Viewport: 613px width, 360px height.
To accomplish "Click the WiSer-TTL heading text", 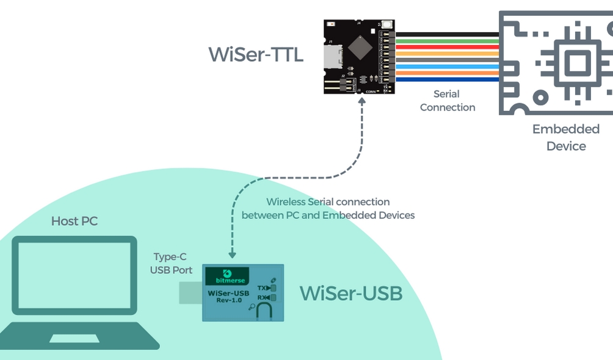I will point(256,54).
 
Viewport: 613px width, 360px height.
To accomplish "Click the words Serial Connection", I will point(447,101).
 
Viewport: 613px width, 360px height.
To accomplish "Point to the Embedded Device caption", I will point(566,137).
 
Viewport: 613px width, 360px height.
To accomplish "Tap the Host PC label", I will point(74,221).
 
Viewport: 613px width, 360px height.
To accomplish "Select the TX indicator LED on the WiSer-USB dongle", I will point(274,287).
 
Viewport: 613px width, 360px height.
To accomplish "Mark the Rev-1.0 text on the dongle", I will point(228,301).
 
